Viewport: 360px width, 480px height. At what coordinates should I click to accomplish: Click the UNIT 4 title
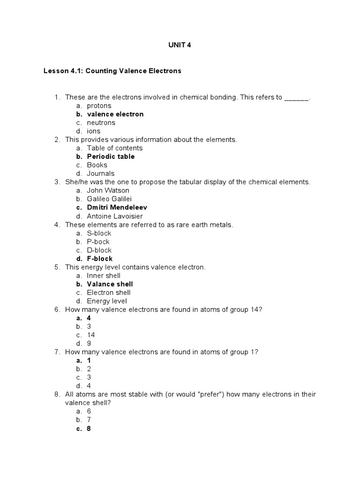tap(180, 45)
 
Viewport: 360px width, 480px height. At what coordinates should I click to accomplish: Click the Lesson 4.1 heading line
tap(112, 71)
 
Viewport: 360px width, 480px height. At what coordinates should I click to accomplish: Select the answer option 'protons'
tap(99, 106)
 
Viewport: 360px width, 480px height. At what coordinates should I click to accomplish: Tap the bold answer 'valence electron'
tap(115, 114)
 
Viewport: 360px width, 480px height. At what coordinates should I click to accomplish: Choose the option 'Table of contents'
tap(114, 148)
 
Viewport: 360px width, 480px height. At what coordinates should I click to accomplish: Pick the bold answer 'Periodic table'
tap(111, 157)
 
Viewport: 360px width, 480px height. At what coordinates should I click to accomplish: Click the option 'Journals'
tap(100, 173)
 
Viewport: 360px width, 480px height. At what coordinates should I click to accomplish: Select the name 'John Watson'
tap(108, 191)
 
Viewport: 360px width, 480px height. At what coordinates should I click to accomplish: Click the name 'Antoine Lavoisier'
tap(114, 216)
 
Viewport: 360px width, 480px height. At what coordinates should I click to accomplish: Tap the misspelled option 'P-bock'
tap(98, 242)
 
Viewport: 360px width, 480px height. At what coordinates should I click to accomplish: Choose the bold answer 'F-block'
tap(100, 259)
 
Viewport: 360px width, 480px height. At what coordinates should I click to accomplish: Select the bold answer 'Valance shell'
tap(110, 284)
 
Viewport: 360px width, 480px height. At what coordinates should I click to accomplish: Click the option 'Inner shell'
tap(104, 276)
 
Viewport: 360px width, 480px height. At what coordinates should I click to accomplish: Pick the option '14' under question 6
tap(91, 335)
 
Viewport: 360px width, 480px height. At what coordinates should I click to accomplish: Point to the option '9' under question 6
tap(89, 344)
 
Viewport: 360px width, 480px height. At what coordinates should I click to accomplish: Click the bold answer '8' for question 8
tap(89, 428)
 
